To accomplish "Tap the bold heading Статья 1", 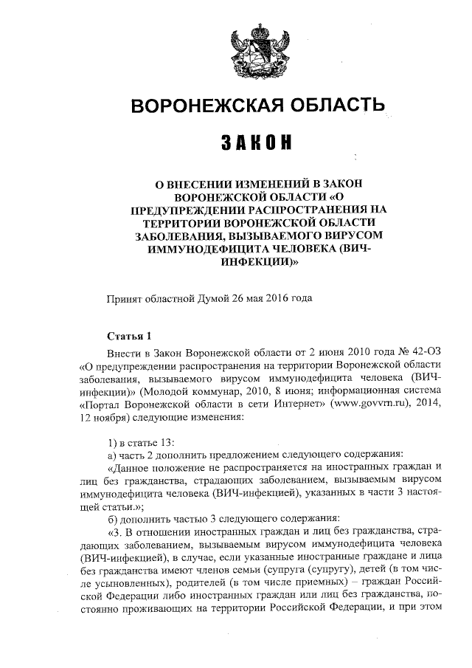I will pyautogui.click(x=128, y=336).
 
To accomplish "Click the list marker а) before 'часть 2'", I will pyautogui.click(x=112, y=455).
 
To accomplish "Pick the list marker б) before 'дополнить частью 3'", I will pyautogui.click(x=112, y=517).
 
